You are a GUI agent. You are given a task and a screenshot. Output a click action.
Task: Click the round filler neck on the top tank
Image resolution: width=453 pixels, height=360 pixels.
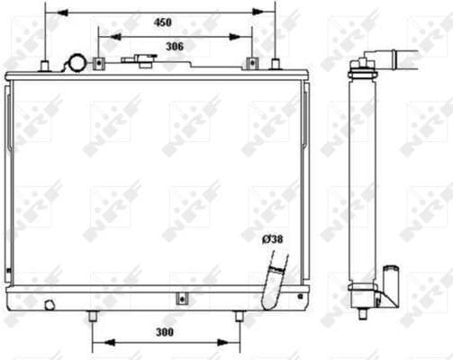(x=75, y=63)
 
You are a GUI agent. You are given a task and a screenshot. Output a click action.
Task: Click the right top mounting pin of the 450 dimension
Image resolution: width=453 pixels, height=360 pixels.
(x=276, y=63)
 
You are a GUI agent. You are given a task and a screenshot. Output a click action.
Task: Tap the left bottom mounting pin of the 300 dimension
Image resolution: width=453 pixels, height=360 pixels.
(x=92, y=317)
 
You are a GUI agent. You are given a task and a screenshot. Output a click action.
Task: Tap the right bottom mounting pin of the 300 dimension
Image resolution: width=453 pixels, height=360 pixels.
(x=239, y=317)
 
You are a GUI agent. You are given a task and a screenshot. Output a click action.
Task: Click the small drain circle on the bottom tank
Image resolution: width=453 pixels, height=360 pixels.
(x=51, y=303)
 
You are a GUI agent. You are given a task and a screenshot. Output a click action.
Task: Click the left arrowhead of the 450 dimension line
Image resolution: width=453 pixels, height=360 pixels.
(x=49, y=13)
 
